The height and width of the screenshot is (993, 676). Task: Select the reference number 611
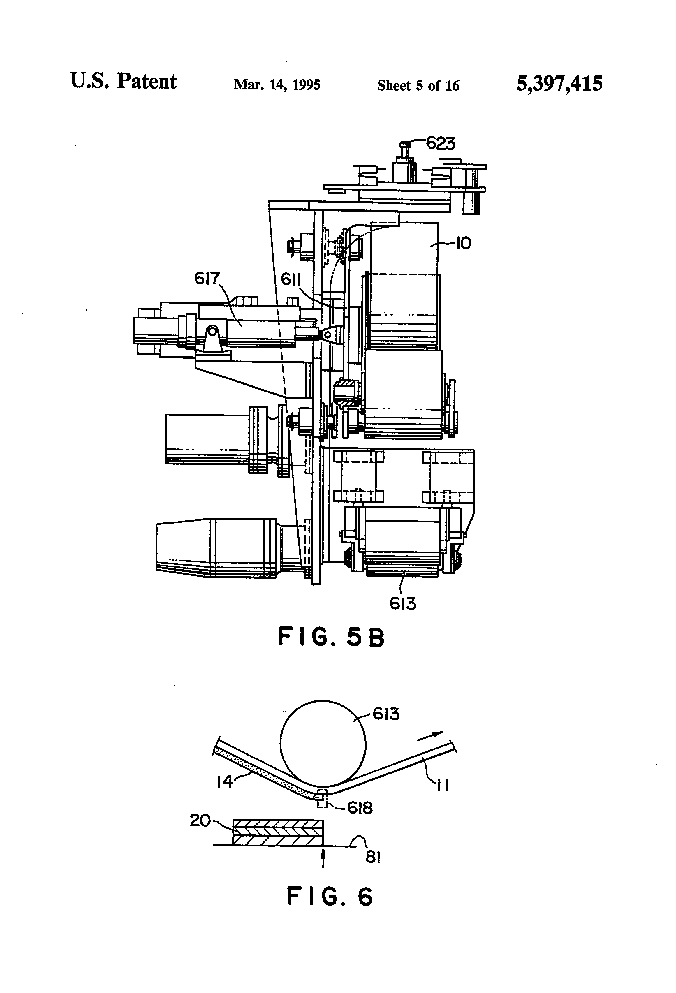pyautogui.click(x=291, y=280)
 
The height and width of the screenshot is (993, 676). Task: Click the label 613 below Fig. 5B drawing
pyautogui.click(x=402, y=603)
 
